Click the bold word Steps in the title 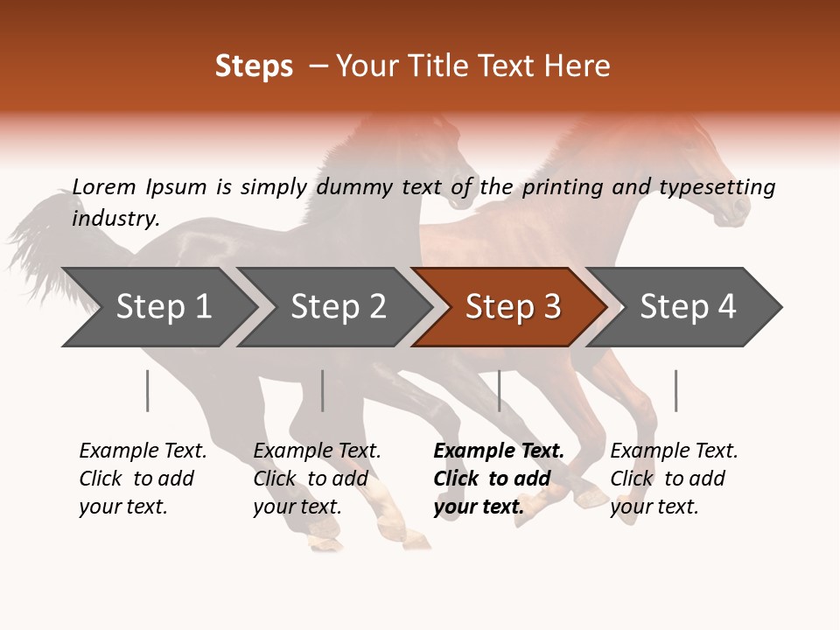pyautogui.click(x=254, y=66)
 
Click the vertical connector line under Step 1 pyautogui.click(x=148, y=390)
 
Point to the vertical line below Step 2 pyautogui.click(x=323, y=390)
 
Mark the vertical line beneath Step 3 pyautogui.click(x=500, y=390)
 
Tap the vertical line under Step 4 pyautogui.click(x=675, y=390)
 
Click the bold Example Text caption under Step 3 pyautogui.click(x=499, y=478)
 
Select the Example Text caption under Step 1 pyautogui.click(x=143, y=478)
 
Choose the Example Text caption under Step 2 pyautogui.click(x=317, y=478)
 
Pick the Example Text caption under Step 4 pyautogui.click(x=674, y=478)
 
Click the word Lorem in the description pyautogui.click(x=104, y=186)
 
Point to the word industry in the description pyautogui.click(x=115, y=218)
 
